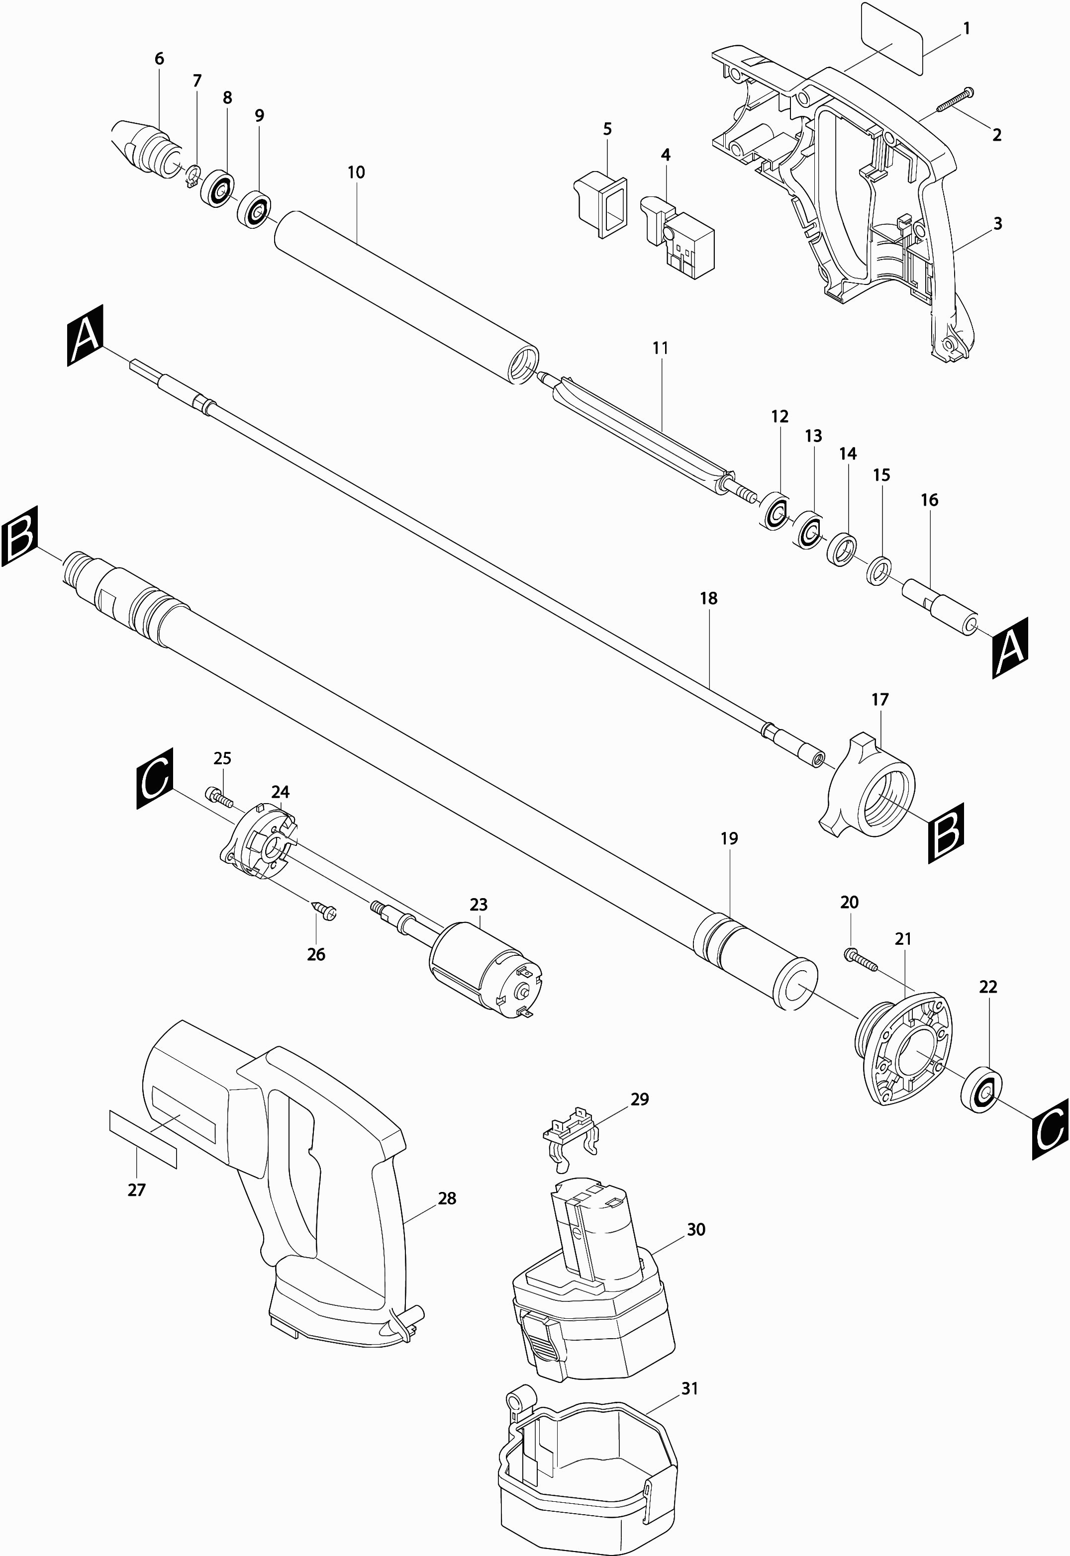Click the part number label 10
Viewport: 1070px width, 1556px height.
(356, 172)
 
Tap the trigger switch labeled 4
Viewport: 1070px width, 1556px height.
(679, 237)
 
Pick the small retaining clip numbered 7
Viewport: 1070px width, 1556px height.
(193, 176)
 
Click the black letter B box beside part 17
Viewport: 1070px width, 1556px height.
(946, 833)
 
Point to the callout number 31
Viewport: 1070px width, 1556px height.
(690, 1389)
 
